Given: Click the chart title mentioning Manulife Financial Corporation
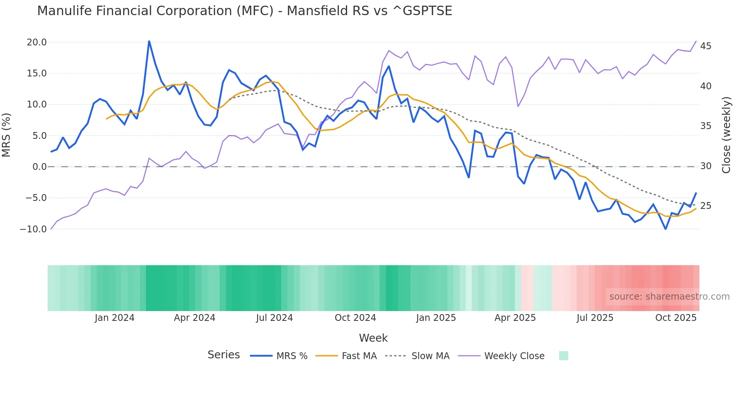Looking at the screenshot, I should click(x=245, y=11).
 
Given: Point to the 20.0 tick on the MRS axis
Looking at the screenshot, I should click(x=37, y=42).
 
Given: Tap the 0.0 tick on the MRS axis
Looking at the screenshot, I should click(x=39, y=167).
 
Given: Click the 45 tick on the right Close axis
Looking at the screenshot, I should click(x=705, y=46).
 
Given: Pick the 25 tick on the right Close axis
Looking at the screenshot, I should click(x=705, y=206).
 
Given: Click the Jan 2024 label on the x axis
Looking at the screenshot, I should click(x=115, y=318).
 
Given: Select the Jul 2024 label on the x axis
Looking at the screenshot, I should click(x=274, y=318).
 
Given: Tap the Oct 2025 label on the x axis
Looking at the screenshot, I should click(x=676, y=318).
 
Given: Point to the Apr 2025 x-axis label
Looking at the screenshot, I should click(x=515, y=318).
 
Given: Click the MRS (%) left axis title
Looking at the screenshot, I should click(x=6, y=135).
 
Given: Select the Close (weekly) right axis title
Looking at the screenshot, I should click(x=726, y=135).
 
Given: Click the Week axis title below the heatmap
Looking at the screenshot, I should click(x=373, y=338).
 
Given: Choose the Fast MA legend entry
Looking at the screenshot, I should click(x=359, y=356).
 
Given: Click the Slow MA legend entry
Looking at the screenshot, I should click(x=430, y=356).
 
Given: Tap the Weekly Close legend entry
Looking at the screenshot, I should click(x=514, y=356).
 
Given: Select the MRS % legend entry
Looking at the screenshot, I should click(x=291, y=356).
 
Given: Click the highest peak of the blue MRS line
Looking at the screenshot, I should click(x=149, y=41).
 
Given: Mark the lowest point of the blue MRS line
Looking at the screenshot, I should click(x=665, y=229).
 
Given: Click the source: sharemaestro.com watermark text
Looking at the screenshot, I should click(x=669, y=297).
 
